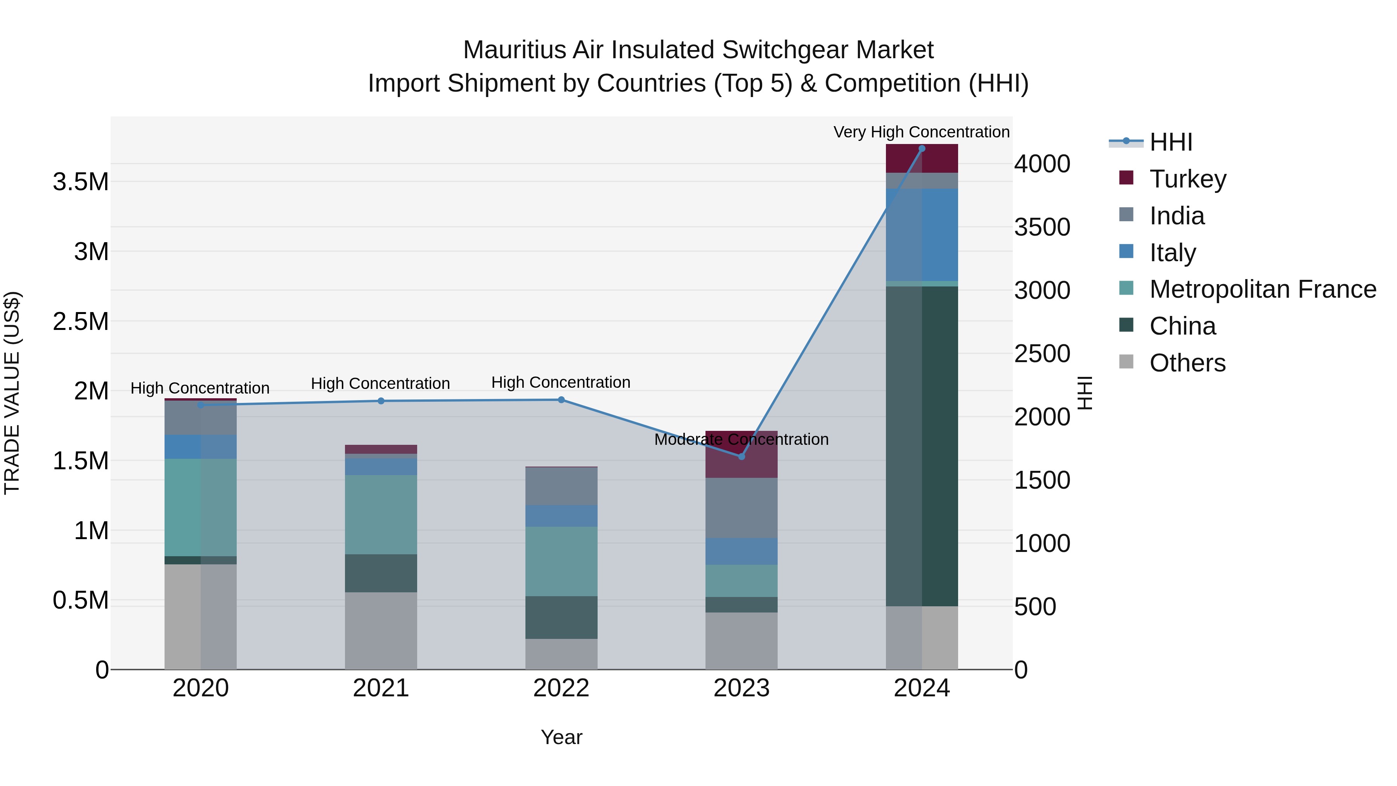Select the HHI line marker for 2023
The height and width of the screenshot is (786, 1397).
pos(741,456)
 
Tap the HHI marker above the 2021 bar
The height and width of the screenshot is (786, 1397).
pos(381,401)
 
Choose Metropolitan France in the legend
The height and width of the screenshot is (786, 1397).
pos(1262,289)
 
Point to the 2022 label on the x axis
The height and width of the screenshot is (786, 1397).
pos(561,688)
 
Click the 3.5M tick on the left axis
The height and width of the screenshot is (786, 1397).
pos(80,182)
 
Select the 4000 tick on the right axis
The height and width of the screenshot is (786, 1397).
pos(1042,164)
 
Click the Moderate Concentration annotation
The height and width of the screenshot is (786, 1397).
pos(741,439)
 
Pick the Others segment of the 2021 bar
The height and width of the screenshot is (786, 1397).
pos(381,630)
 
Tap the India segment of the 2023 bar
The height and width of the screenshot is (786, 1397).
pos(741,508)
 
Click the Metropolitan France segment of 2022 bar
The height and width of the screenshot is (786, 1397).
pos(561,561)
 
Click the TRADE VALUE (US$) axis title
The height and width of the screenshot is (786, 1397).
pos(12,393)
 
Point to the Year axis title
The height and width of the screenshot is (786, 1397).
pos(561,737)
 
